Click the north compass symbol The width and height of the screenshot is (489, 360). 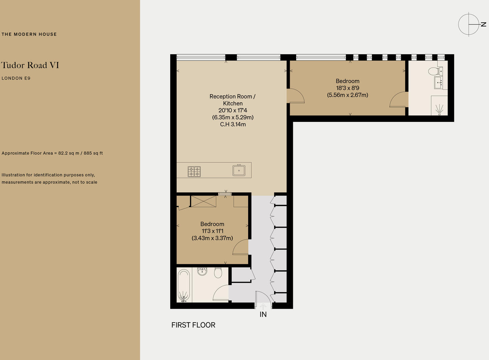tap(469, 24)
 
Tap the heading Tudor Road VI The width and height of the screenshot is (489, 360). tap(30, 65)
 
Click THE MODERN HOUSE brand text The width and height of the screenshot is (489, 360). tap(29, 34)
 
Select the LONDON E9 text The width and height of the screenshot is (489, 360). tap(16, 78)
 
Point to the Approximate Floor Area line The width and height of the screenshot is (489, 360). tap(52, 153)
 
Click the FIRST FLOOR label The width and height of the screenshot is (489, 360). tap(193, 325)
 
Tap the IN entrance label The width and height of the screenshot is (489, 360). tap(263, 314)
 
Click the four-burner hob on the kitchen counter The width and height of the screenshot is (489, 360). tap(194, 171)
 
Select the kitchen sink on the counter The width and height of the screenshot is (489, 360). tap(239, 170)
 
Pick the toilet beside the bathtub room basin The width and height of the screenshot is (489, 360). tap(218, 272)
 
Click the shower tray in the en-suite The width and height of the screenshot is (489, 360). tap(439, 106)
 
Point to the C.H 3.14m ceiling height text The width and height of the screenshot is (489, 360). tap(233, 124)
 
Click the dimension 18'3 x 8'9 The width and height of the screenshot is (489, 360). tap(348, 88)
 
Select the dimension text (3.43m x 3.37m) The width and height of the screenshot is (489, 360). tap(212, 238)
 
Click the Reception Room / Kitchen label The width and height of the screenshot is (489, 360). tap(232, 100)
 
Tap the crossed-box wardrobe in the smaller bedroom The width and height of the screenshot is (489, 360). tap(203, 201)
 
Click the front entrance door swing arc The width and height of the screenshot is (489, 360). tap(263, 297)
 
